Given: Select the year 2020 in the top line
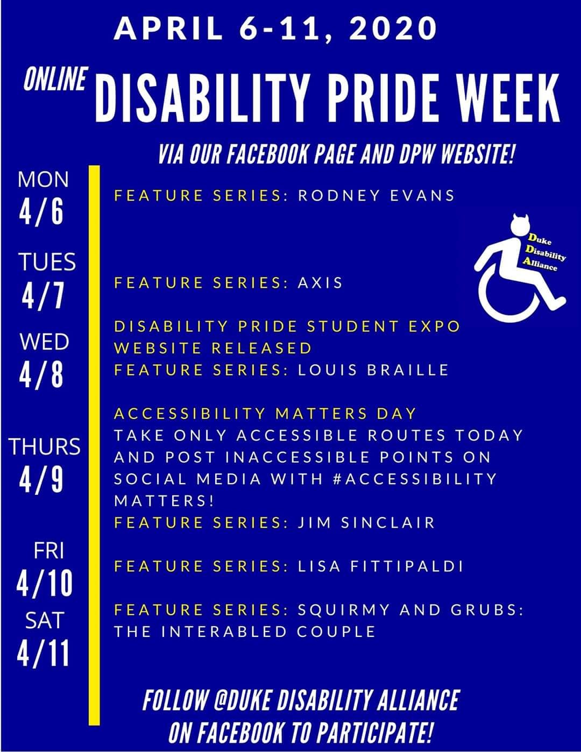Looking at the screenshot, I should tap(392, 29).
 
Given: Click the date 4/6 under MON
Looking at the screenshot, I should tap(41, 211).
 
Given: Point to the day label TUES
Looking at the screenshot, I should tap(47, 262).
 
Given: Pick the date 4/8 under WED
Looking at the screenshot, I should tap(41, 375).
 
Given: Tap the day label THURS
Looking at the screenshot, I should tap(44, 446).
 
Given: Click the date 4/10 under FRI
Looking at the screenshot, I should tap(44, 584).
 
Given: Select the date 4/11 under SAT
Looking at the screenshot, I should tap(43, 653).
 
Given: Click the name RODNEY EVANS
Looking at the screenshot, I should tap(376, 195).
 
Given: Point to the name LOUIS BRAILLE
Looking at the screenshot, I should tap(373, 370).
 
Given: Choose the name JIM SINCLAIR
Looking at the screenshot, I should tap(366, 523).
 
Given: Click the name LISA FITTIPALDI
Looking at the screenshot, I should tap(380, 566).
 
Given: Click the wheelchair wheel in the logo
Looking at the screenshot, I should tap(508, 297).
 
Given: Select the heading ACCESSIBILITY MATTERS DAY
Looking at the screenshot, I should tap(265, 414).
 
